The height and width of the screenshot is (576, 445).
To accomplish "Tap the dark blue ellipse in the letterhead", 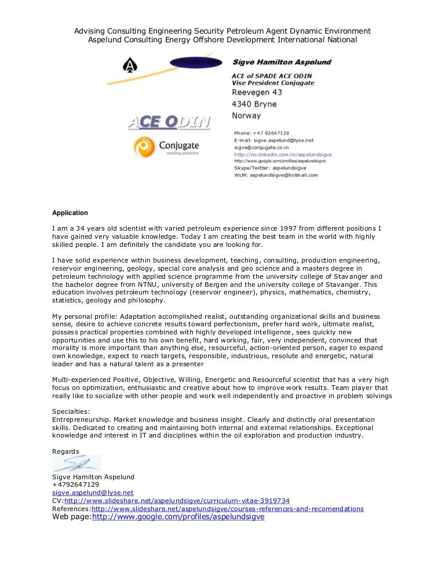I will click(x=196, y=63).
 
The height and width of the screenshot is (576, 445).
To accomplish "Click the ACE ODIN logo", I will click(x=169, y=122).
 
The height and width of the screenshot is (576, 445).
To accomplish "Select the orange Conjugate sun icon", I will click(x=144, y=148).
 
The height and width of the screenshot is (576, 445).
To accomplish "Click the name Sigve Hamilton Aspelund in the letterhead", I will click(x=282, y=62).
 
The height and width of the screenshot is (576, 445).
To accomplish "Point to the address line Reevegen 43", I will click(x=257, y=93).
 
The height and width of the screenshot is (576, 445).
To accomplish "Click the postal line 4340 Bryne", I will click(x=254, y=104).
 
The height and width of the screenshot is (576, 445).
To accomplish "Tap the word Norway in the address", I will click(x=246, y=115).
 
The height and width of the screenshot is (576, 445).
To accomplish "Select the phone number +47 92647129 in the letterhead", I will click(x=269, y=133).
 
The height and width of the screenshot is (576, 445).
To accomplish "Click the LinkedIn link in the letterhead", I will click(x=283, y=154).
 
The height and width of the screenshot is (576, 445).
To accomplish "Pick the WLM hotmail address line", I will click(x=276, y=175).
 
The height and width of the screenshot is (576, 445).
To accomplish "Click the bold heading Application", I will click(x=70, y=213).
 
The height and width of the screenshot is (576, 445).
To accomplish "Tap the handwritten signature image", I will click(x=76, y=464).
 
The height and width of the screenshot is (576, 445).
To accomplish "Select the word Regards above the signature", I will click(x=65, y=451).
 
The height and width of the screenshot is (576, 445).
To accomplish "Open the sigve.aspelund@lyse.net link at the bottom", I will click(x=93, y=493).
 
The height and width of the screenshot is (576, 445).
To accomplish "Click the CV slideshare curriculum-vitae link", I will click(x=177, y=501).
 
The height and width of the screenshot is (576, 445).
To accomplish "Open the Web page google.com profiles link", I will click(x=178, y=517).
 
